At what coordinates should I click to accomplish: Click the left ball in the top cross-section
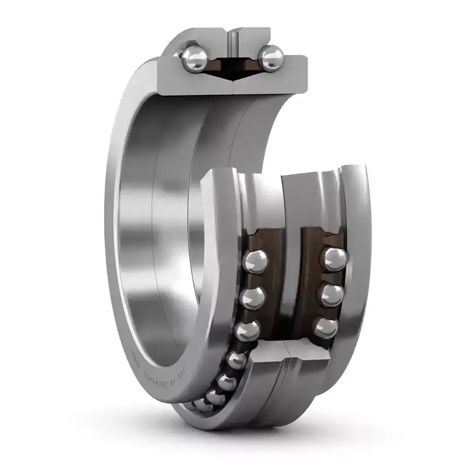193,58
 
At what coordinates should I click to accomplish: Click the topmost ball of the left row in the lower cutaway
256,261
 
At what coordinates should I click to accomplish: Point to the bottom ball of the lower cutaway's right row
325,326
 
